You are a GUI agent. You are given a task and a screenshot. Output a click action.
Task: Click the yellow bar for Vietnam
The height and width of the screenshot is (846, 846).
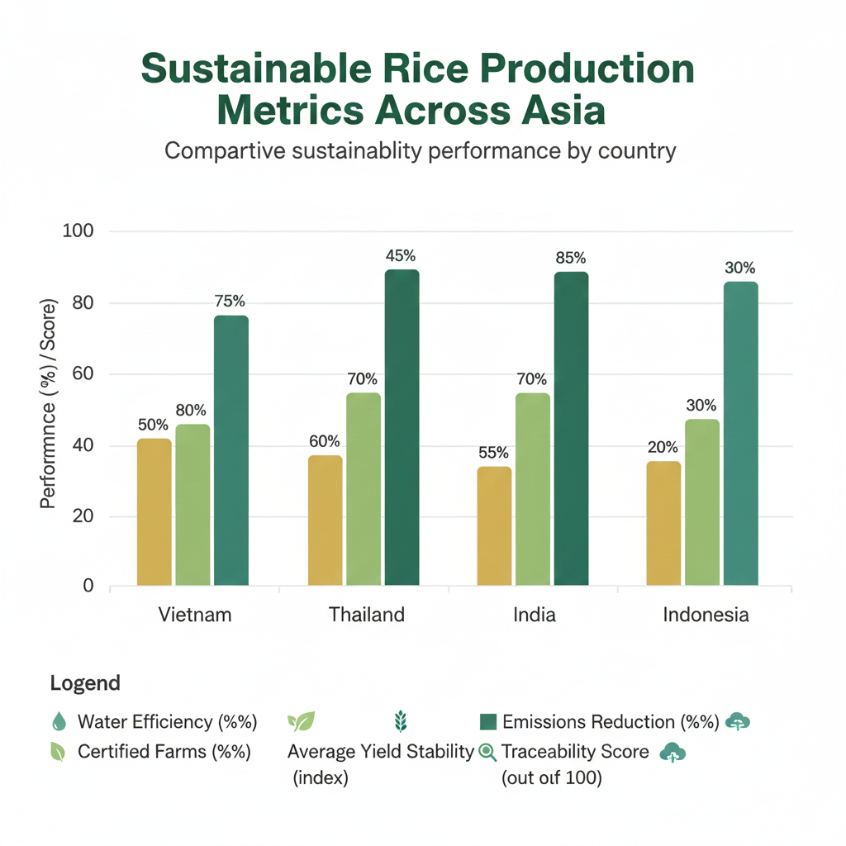154,512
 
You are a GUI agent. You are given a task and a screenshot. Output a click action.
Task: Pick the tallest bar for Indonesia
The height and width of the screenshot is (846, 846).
740,434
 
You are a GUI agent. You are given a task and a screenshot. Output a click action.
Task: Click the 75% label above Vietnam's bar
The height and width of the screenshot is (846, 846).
231,302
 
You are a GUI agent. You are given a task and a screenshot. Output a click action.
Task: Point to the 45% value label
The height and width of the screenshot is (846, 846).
402,255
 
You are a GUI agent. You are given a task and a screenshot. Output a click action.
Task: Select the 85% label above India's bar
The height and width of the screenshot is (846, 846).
571,258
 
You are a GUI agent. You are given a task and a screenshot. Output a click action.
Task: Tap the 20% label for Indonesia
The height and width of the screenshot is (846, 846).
663,447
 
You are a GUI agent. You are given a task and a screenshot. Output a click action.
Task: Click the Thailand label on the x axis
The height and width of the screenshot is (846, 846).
367,615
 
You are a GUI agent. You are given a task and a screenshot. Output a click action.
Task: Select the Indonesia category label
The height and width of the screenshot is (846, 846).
706,615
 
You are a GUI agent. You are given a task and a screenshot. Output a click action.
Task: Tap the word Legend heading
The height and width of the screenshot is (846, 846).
85,683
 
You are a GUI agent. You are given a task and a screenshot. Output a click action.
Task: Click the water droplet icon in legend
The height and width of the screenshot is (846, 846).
58,722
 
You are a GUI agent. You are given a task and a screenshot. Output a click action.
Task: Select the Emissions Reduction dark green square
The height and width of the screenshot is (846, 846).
488,722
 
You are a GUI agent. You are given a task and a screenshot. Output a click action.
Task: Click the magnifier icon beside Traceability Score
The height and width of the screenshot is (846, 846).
487,752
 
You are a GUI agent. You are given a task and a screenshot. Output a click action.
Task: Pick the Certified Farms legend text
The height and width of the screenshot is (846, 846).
164,752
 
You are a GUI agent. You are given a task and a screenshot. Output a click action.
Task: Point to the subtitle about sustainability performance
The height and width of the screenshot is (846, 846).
421,151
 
